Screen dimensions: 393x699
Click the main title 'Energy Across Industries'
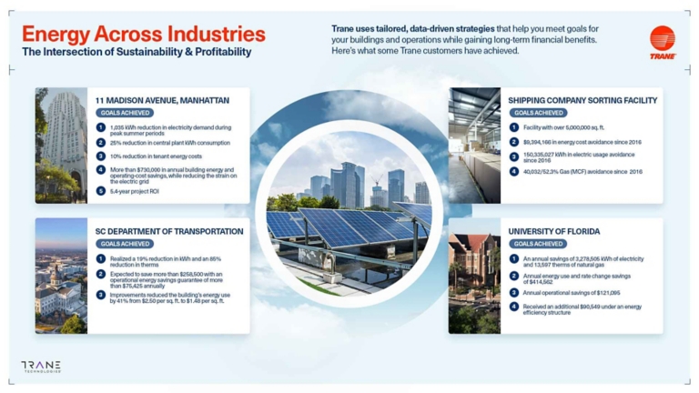tap(144, 35)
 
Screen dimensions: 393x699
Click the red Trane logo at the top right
tap(662, 42)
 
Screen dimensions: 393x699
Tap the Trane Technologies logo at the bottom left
tap(41, 367)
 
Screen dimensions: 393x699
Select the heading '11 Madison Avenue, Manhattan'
tap(162, 100)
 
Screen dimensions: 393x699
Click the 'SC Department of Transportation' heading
tap(169, 231)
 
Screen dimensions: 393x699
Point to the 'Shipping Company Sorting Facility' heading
tap(582, 100)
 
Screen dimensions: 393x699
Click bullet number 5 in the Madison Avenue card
tap(101, 191)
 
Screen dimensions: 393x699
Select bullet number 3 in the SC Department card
tap(101, 295)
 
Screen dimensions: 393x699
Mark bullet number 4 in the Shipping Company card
tap(514, 171)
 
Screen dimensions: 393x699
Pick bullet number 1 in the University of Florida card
tap(514, 259)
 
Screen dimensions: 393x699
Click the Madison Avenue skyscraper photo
tap(61, 146)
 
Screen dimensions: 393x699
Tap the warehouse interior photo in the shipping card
tap(474, 146)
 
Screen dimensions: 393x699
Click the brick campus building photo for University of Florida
tap(474, 276)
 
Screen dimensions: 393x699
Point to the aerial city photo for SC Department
tap(61, 276)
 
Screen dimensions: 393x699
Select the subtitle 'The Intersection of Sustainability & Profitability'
tap(137, 53)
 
